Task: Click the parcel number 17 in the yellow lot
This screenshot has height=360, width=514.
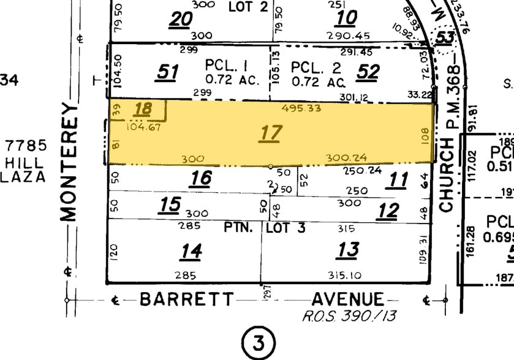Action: click(270, 132)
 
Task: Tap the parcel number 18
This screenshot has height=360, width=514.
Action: click(143, 110)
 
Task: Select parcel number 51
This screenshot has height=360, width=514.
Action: click(167, 72)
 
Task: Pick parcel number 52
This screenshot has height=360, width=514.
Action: click(369, 72)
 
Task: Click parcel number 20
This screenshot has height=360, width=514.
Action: click(181, 20)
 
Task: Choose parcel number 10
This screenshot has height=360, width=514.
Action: click(347, 18)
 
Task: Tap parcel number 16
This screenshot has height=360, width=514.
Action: click(201, 178)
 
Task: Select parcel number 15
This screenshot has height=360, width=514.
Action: click(170, 204)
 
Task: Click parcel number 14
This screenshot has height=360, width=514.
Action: click(191, 251)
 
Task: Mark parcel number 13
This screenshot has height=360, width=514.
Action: click(348, 250)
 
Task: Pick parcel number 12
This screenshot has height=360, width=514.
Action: click(388, 211)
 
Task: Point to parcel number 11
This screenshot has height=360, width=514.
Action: click(399, 180)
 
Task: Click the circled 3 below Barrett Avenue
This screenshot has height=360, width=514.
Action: click(259, 343)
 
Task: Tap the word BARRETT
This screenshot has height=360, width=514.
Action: click(187, 299)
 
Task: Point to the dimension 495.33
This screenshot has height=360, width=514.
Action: click(298, 108)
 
